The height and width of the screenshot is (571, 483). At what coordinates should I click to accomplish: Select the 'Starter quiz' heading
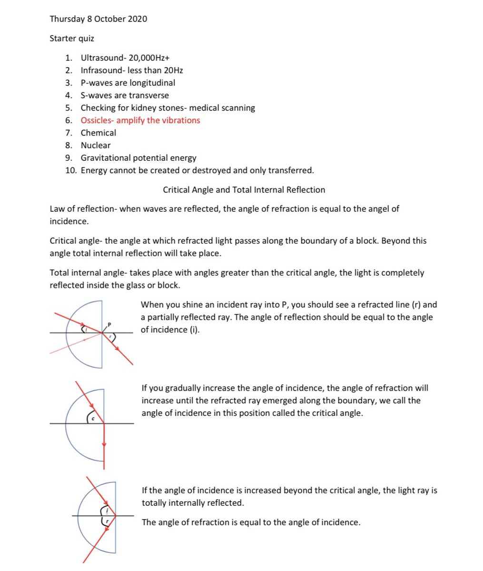[72, 39]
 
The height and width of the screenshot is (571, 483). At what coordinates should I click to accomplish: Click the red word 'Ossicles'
[96, 120]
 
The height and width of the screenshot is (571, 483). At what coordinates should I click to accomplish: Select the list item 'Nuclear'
[95, 145]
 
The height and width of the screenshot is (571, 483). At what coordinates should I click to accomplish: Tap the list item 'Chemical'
[98, 133]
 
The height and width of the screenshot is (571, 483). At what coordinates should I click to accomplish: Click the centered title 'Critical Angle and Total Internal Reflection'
[244, 190]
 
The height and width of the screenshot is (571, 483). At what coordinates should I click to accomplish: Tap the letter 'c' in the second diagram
[93, 418]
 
